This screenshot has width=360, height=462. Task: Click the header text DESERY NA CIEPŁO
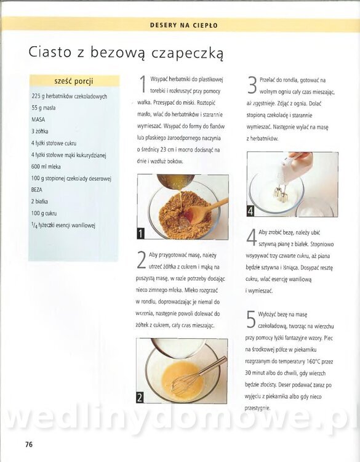[x=184, y=25]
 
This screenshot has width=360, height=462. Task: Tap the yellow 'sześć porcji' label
[x=74, y=81]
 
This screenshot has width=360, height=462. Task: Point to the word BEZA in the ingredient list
[x=37, y=190]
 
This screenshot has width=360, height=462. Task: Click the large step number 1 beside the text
[x=143, y=84]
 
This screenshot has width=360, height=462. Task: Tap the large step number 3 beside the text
[x=252, y=85]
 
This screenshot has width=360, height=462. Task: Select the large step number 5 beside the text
[x=251, y=319]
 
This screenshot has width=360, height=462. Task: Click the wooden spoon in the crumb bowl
[x=206, y=209]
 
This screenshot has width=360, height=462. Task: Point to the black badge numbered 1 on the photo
[x=141, y=233]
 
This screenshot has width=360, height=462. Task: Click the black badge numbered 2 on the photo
[x=140, y=397]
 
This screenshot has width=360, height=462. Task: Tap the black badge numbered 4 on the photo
[x=250, y=211]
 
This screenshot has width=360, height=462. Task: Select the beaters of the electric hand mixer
[x=279, y=192]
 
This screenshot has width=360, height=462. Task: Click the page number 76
[x=29, y=444]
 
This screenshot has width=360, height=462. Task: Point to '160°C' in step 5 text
[x=313, y=361]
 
